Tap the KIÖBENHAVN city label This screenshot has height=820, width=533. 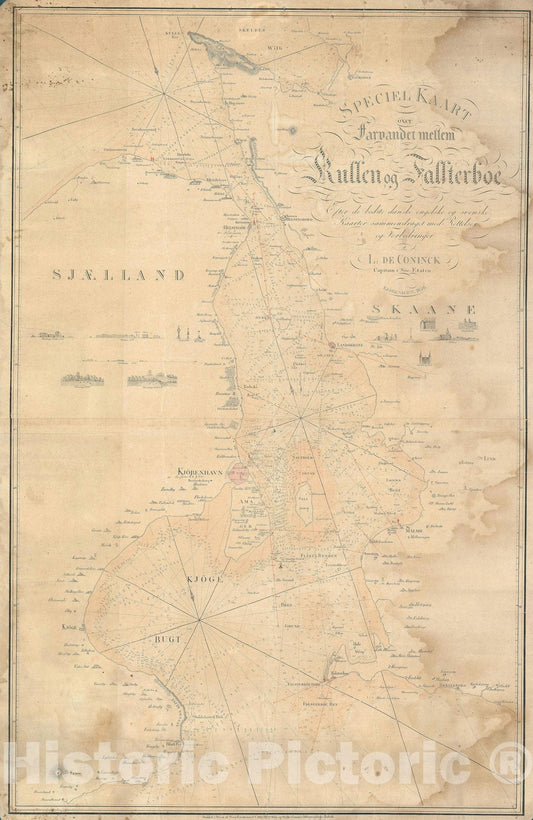(x=204, y=467)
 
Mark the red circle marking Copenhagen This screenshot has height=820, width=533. (x=239, y=474)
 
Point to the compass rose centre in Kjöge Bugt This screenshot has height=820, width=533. (x=200, y=621)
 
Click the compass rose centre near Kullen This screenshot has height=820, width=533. (x=165, y=92)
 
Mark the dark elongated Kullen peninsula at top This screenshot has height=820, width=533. (x=225, y=50)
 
